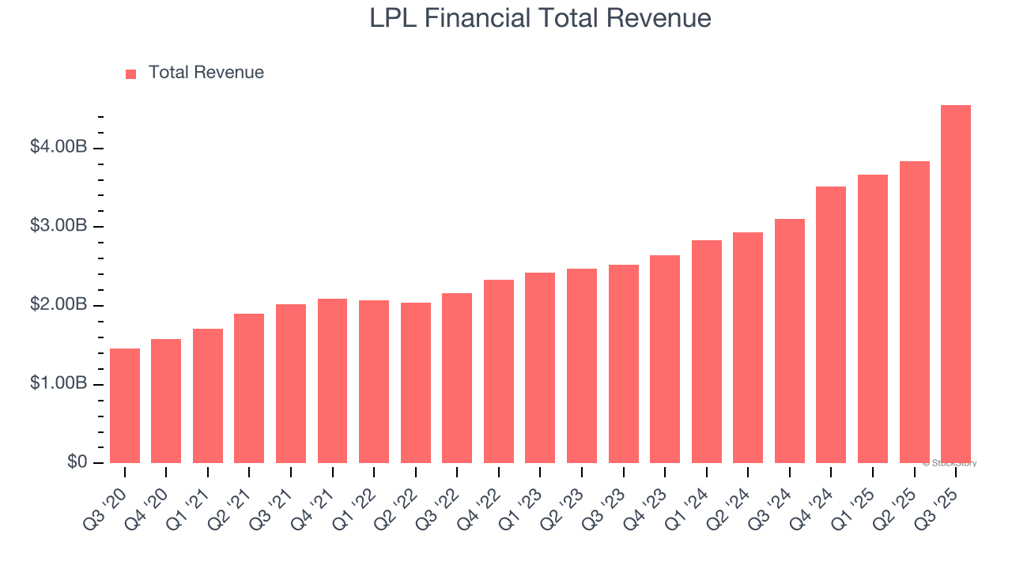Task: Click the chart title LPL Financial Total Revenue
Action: pyautogui.click(x=540, y=18)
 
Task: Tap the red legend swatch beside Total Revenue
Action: pyautogui.click(x=131, y=73)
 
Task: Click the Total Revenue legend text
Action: pyautogui.click(x=206, y=73)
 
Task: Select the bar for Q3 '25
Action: pyautogui.click(x=955, y=284)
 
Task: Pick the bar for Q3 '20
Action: pyautogui.click(x=125, y=405)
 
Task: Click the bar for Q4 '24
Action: pyautogui.click(x=831, y=325)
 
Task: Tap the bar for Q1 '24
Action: pyautogui.click(x=706, y=352)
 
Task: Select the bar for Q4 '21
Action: pyautogui.click(x=332, y=381)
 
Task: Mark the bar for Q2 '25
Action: pyautogui.click(x=914, y=312)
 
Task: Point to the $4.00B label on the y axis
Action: pyautogui.click(x=59, y=147)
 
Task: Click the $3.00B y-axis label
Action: pyautogui.click(x=59, y=226)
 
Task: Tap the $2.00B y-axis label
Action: pyautogui.click(x=59, y=305)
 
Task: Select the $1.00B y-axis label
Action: pyautogui.click(x=59, y=383)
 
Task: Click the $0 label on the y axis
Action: pyautogui.click(x=77, y=462)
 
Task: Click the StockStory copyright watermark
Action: pyautogui.click(x=949, y=463)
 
